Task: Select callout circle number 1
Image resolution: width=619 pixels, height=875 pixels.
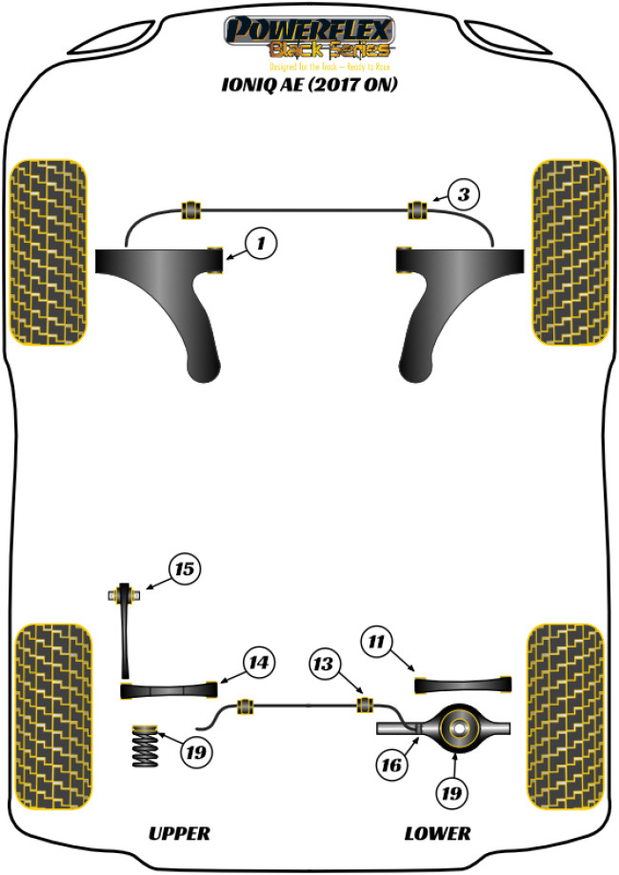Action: click(260, 244)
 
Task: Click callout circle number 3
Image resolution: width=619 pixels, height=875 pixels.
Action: click(463, 196)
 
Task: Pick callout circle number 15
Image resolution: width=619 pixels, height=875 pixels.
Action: click(184, 569)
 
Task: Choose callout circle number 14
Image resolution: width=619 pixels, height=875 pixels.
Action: click(259, 661)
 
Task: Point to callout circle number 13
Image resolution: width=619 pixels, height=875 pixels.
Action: click(325, 665)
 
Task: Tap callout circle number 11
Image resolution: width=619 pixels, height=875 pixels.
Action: click(378, 644)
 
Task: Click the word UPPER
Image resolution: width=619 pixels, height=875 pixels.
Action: click(179, 833)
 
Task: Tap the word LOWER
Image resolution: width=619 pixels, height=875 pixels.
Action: click(437, 833)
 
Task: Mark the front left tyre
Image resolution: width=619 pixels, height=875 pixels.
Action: click(49, 251)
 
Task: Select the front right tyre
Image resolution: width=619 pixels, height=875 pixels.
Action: click(570, 251)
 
